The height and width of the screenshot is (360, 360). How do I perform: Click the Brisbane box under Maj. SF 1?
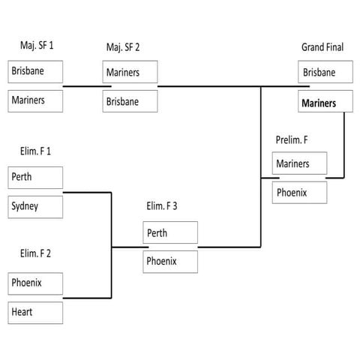point(35,72)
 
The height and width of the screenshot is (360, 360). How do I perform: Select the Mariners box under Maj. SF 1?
point(35,100)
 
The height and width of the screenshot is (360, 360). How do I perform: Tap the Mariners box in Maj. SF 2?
point(130,73)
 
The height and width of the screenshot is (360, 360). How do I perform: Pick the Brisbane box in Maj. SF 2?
point(130,100)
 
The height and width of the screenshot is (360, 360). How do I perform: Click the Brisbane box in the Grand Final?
point(325,73)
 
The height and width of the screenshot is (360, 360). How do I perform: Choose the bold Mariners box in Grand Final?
point(325,102)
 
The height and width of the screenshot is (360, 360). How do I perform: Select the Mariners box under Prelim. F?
point(299,163)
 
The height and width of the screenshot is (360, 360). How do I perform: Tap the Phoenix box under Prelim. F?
point(299,192)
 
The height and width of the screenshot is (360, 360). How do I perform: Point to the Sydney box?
point(35,206)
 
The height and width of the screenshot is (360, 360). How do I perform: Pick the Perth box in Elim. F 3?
point(170,232)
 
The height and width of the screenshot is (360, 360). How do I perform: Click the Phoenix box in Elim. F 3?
point(170,262)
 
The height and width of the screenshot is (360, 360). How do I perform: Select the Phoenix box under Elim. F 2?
point(35,283)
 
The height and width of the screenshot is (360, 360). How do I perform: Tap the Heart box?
point(35,312)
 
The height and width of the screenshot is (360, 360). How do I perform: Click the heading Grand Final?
point(322,47)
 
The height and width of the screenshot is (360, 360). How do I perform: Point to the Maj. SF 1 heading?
point(37,46)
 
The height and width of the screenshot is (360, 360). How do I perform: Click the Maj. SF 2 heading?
point(124,48)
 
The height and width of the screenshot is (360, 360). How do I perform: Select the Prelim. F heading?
point(292,139)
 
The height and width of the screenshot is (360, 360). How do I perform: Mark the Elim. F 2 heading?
point(35,253)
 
